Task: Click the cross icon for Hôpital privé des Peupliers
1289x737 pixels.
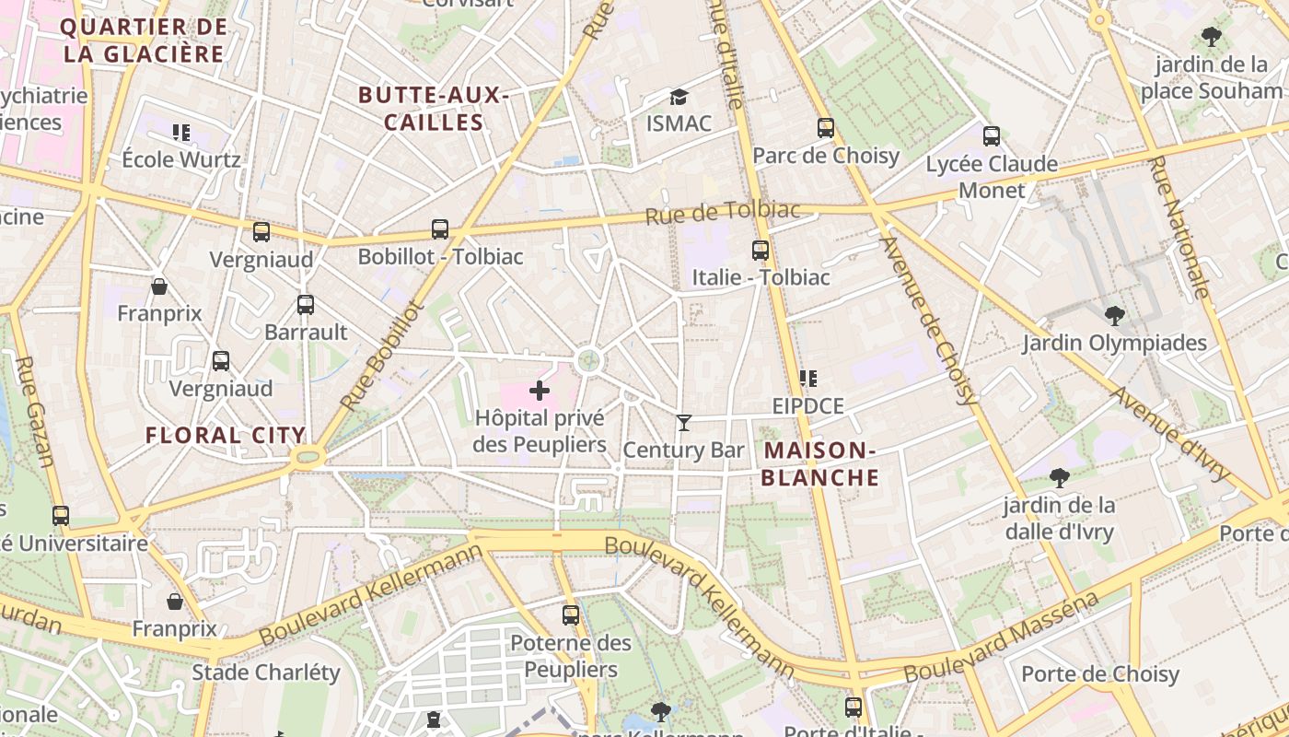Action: point(540,391)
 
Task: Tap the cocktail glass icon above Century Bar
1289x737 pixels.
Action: point(683,423)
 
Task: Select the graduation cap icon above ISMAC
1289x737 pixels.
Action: point(679,97)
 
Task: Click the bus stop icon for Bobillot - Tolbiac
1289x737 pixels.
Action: point(440,228)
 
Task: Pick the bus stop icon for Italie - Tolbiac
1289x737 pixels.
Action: point(761,250)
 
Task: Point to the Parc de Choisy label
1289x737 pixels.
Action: point(826,155)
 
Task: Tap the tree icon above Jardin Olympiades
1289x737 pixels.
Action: point(1114,316)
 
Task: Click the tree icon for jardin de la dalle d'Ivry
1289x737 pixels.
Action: point(1060,477)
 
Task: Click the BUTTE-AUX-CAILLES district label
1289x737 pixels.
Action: point(434,109)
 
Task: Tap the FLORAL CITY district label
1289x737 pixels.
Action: point(226,435)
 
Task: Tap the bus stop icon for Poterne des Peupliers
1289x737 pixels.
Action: point(571,614)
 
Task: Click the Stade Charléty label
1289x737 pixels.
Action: point(266,672)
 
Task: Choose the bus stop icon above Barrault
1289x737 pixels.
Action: point(306,304)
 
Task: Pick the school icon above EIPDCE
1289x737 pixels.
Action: point(808,378)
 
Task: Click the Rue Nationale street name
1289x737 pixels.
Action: point(1179,227)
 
